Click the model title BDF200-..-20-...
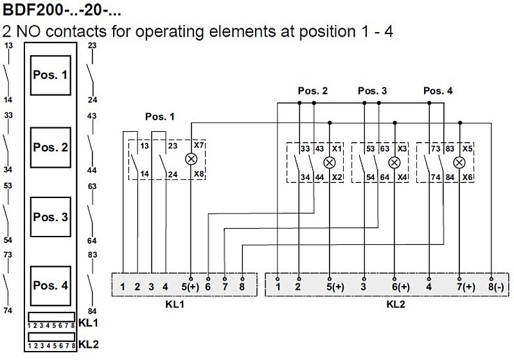(x=62, y=10)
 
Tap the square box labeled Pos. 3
(x=51, y=217)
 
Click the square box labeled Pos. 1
(x=51, y=75)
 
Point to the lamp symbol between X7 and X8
(x=191, y=159)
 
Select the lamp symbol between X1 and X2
(x=330, y=162)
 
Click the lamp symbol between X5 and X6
(x=459, y=162)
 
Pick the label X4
(x=402, y=177)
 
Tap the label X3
(x=402, y=148)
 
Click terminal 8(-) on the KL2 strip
(x=496, y=287)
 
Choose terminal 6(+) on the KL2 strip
(x=400, y=287)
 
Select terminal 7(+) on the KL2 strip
(x=466, y=287)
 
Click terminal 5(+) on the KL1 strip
(x=190, y=287)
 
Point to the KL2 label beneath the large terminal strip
(x=396, y=304)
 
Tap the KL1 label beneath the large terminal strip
(x=175, y=304)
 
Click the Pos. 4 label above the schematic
(x=438, y=91)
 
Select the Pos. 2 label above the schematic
(x=313, y=91)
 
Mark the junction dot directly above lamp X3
(x=394, y=123)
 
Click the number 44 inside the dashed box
(x=319, y=177)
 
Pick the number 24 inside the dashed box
(x=173, y=174)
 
